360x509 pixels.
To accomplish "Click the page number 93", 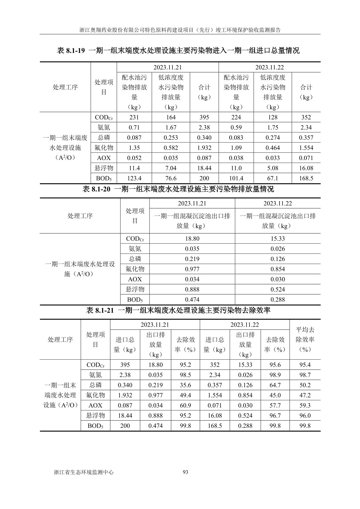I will coord(186,472).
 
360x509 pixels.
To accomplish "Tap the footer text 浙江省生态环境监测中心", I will coord(83,472).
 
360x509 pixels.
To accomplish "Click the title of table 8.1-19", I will coord(178,51).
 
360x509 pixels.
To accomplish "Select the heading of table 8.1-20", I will coord(178,189).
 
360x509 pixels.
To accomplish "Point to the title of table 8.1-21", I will coord(178,310).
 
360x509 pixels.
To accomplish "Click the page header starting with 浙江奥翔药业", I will coord(180,30).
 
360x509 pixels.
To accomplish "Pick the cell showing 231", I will coord(134,117).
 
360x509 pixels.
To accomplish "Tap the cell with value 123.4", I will coord(134,178).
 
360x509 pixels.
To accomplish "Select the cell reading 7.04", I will coord(171,168).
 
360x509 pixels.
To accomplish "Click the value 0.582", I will coord(171,148).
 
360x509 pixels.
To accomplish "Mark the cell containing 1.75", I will coord(273,128).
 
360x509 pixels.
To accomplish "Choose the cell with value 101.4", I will coord(236,178).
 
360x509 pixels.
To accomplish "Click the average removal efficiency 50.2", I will coord(305,385).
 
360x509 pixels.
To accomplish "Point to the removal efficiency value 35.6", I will coord(185,385).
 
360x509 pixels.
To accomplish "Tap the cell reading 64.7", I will coord(275,385).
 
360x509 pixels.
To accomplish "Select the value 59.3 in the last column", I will coord(305,406).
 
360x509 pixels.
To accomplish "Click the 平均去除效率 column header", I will coord(305,339).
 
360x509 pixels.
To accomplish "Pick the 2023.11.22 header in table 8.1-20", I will coord(277,203).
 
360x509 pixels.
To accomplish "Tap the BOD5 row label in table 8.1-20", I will coord(135,300).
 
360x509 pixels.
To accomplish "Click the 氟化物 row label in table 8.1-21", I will coord(95,395).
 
